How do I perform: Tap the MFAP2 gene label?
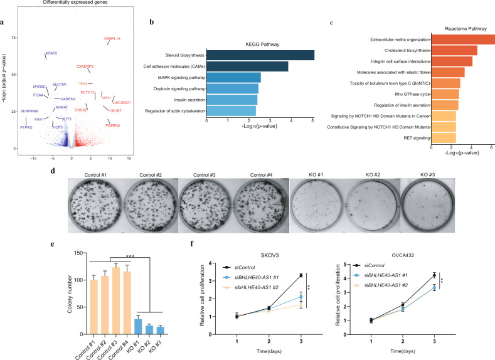51,53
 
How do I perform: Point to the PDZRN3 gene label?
112,125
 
